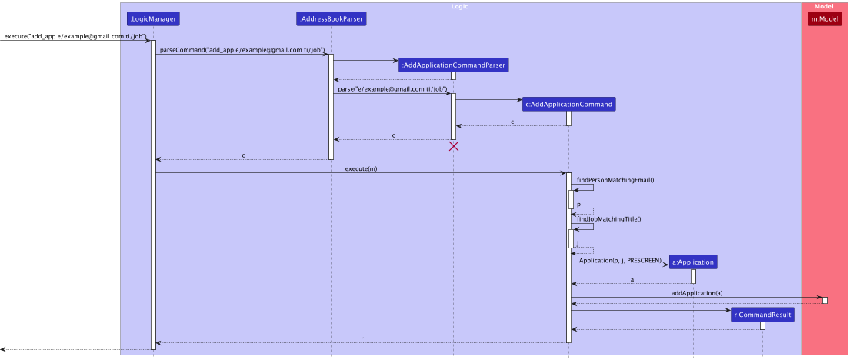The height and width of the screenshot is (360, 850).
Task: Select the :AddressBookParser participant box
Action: click(331, 18)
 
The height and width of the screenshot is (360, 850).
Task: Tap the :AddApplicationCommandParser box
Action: click(453, 65)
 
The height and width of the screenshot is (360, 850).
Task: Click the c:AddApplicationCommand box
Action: click(568, 104)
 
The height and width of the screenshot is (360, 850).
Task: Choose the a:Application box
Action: click(692, 262)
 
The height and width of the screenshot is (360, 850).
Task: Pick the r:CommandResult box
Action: click(762, 315)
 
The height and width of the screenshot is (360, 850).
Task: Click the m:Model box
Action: click(825, 18)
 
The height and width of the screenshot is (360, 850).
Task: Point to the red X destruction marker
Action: click(454, 146)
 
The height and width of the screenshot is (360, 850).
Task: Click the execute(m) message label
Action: click(361, 169)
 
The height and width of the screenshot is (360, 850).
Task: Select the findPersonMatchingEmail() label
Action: click(615, 180)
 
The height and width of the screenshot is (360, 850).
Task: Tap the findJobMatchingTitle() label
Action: click(609, 219)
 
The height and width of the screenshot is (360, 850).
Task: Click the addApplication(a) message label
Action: click(696, 293)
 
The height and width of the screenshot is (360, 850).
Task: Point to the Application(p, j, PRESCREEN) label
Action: click(620, 261)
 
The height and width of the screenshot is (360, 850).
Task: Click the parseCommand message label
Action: click(242, 50)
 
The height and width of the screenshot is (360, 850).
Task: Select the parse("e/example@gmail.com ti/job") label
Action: click(392, 89)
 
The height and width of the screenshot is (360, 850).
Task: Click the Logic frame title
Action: click(459, 6)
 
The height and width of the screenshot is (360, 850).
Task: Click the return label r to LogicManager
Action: click(362, 338)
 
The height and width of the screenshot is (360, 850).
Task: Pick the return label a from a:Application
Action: click(632, 280)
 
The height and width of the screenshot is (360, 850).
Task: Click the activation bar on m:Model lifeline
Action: click(825, 300)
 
